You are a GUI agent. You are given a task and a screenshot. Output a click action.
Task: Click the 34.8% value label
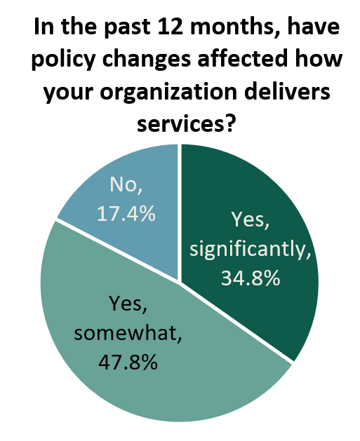coord(251,278)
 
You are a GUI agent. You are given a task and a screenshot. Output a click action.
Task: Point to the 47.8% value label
coord(128,362)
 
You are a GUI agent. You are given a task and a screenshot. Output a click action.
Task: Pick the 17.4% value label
coord(126,214)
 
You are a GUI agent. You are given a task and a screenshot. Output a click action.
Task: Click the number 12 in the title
coord(171,27)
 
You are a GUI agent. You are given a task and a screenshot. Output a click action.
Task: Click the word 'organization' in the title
coord(168,93)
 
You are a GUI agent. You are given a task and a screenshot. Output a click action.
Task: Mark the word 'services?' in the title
coord(186,124)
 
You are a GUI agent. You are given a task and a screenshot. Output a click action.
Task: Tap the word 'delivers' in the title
coord(286,91)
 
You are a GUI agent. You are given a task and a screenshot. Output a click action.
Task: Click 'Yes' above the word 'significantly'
coord(250,219)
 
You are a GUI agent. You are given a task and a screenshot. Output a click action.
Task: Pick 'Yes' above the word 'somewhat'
coord(128,304)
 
